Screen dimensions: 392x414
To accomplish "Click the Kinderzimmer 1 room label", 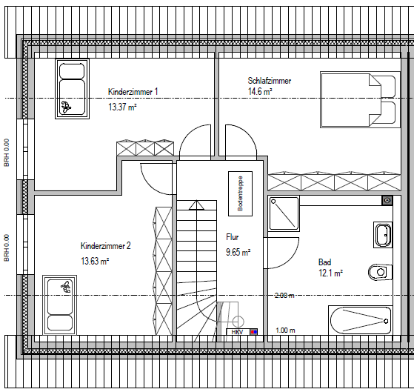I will pos(133,92).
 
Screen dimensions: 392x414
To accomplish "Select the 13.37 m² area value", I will pos(122,107).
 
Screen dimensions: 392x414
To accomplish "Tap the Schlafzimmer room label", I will pos(269,81).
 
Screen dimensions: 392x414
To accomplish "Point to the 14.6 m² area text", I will pos(260,93).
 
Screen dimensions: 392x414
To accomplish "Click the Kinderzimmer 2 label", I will pos(106,246).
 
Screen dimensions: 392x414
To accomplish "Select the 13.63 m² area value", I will pos(95,262).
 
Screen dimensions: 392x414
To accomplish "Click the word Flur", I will pos(233,237).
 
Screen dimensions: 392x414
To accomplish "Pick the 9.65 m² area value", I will pos(238,252).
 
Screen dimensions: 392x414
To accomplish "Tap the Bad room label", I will pos(324,262).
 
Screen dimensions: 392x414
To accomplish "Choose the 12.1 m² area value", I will pos(330,273).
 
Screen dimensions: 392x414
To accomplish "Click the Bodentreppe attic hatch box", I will pos(240,194).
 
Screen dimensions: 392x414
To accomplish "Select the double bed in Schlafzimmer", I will pos(358,101).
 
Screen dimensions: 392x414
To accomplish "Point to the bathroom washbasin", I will pos(382,235).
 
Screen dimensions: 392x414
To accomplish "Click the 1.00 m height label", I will pos(286,330).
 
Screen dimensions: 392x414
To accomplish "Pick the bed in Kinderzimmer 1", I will pos(71,89).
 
